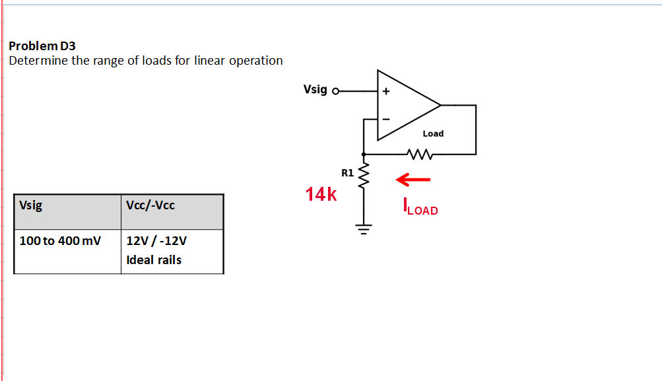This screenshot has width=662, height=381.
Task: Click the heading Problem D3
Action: (42, 46)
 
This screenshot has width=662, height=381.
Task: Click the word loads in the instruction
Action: (157, 61)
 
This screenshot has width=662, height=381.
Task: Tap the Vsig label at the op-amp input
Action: (315, 89)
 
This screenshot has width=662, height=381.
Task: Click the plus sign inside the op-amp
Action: (386, 92)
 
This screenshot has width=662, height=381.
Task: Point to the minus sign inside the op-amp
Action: (387, 120)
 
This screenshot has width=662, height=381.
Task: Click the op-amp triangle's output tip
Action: (440, 106)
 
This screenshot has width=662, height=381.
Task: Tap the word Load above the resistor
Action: (433, 133)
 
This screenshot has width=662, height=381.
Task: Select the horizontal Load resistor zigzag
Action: (420, 155)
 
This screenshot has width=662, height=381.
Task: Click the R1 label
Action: (347, 173)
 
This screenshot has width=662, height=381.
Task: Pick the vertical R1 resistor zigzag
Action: (362, 174)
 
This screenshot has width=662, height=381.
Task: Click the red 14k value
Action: (321, 194)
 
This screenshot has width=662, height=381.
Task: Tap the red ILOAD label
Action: (420, 209)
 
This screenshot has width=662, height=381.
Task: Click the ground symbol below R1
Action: (362, 229)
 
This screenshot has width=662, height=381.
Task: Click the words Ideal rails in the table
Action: (154, 260)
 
